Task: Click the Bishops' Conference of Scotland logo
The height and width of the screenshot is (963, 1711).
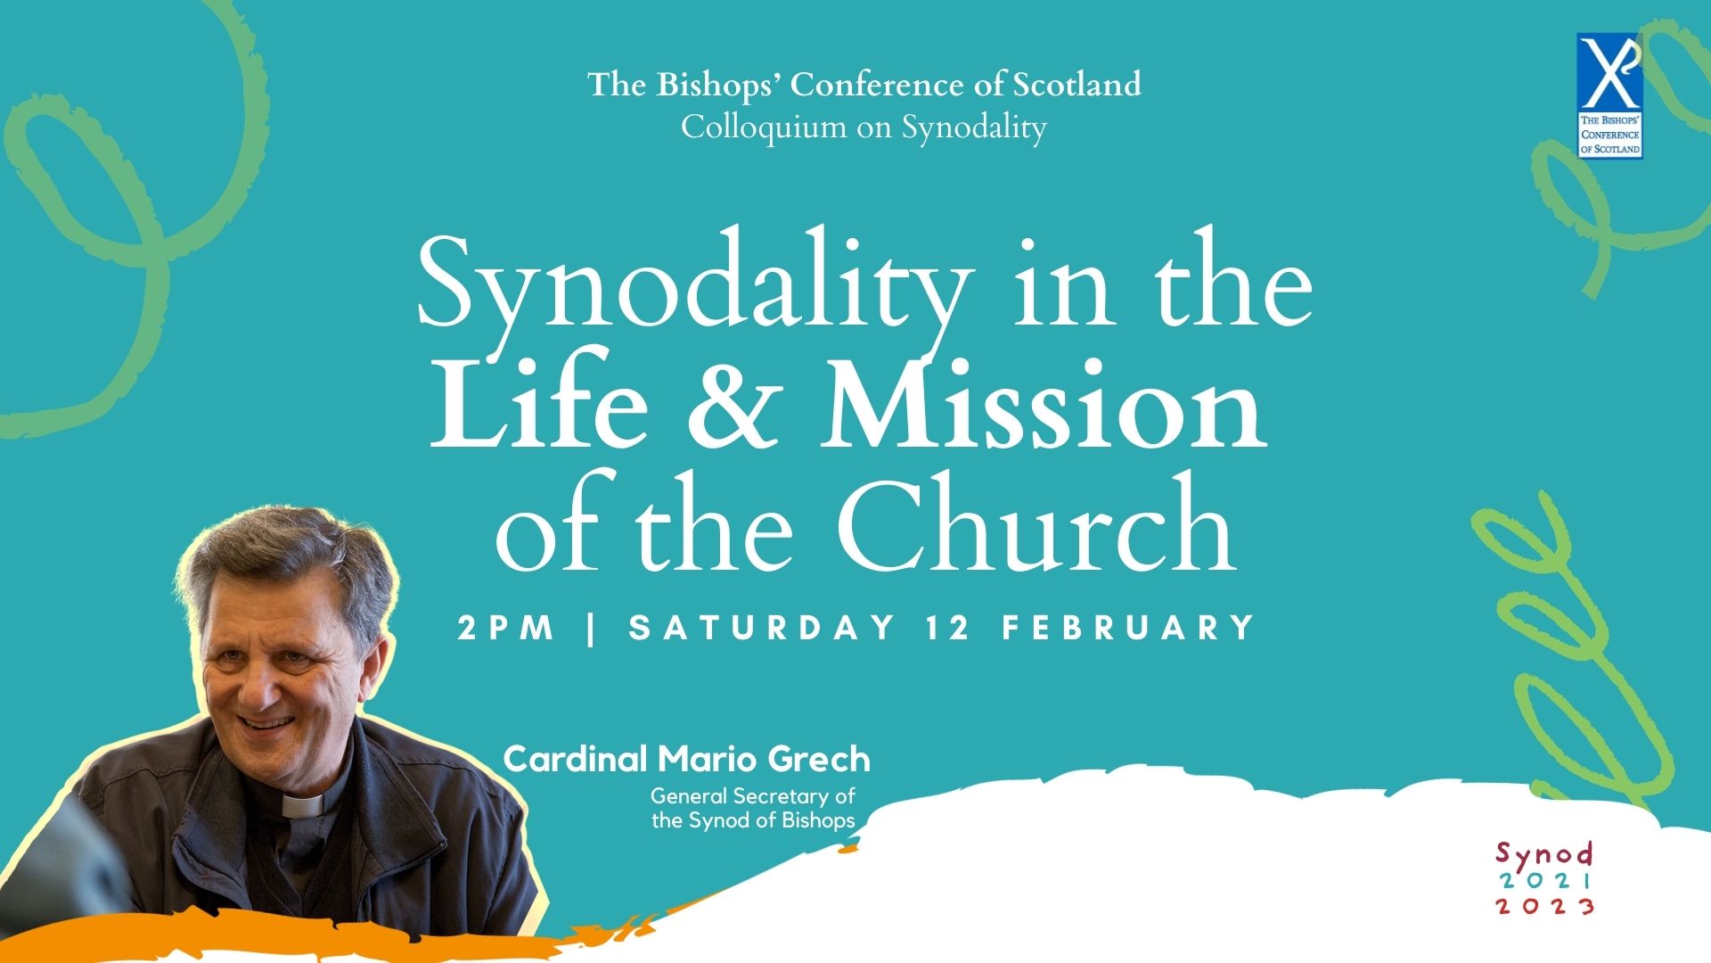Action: (1609, 96)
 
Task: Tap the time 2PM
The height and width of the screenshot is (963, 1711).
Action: (506, 628)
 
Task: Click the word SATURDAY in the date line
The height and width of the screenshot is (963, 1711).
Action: (762, 628)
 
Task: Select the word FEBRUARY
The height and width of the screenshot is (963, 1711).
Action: (1128, 628)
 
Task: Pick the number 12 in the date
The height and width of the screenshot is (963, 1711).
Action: (948, 628)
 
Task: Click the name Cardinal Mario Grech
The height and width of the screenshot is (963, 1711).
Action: (686, 760)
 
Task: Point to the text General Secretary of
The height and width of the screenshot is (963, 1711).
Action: (752, 795)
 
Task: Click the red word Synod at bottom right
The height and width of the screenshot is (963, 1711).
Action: (1544, 854)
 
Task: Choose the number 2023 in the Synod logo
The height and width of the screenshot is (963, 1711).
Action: (1545, 906)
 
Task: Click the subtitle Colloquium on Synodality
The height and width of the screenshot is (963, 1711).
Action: (864, 128)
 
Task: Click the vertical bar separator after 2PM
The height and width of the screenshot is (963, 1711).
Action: (592, 628)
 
